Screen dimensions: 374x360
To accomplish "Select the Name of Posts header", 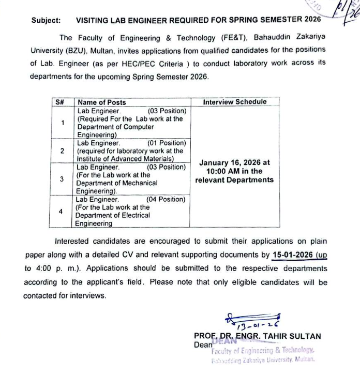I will pyautogui.click(x=101, y=102).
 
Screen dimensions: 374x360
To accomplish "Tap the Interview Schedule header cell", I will pyautogui.click(x=235, y=102).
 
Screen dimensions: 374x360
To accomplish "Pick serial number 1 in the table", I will pyautogui.click(x=62, y=123).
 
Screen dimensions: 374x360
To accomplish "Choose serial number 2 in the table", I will pyautogui.click(x=62, y=151).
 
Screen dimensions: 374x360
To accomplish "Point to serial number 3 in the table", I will pyautogui.click(x=62, y=179).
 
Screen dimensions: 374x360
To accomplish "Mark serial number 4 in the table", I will pyautogui.click(x=61, y=211).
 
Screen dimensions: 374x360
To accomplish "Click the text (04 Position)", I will pyautogui.click(x=166, y=199).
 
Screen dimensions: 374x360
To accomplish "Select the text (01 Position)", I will pyautogui.click(x=166, y=143).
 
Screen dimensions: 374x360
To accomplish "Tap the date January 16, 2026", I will pyautogui.click(x=234, y=162).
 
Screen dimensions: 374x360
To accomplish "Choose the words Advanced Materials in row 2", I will pyautogui.click(x=144, y=158).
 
